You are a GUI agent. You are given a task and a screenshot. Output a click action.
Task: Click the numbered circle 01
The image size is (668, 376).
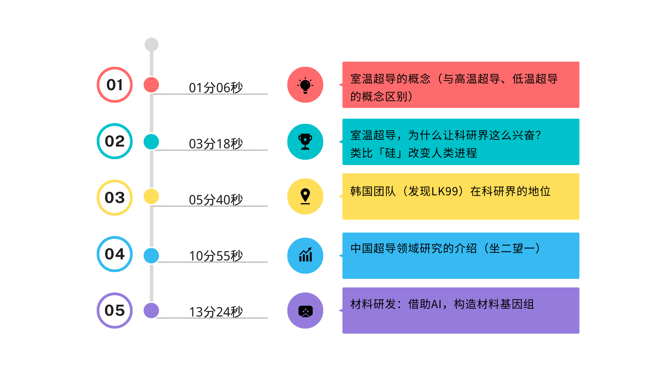coord(114,85)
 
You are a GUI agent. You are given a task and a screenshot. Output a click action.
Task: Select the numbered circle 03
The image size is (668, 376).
coord(114,198)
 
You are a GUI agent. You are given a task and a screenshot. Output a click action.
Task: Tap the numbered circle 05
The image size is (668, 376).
coord(114,311)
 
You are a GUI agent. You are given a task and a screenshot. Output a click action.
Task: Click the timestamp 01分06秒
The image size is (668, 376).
coord(216,88)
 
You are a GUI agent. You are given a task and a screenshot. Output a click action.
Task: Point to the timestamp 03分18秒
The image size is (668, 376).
coord(216,144)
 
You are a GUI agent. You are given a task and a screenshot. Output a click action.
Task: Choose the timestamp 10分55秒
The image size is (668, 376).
coord(216,256)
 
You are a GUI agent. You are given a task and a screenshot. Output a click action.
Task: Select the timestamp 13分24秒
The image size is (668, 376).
coord(216,312)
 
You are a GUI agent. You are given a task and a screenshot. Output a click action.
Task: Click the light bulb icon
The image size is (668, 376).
coord(305,85)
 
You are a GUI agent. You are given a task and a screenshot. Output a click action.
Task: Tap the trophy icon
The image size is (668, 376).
coord(305,142)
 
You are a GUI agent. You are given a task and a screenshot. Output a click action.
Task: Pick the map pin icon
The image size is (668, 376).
coord(305,196)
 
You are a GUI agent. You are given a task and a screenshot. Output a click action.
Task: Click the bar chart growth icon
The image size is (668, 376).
coord(305,256)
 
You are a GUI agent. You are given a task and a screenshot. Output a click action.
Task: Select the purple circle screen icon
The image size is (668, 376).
coord(305,311)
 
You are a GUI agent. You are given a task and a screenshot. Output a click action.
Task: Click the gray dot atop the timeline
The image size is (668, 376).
coord(151,45)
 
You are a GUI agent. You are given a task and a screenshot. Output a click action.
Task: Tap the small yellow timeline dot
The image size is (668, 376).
coord(151,196)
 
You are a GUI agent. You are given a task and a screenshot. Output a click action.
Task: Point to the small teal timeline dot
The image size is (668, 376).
coord(151,142)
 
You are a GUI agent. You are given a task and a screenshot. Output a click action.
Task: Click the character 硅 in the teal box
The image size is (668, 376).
coord(390,153)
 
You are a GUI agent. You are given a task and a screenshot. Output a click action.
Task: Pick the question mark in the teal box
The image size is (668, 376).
coord(538,135)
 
